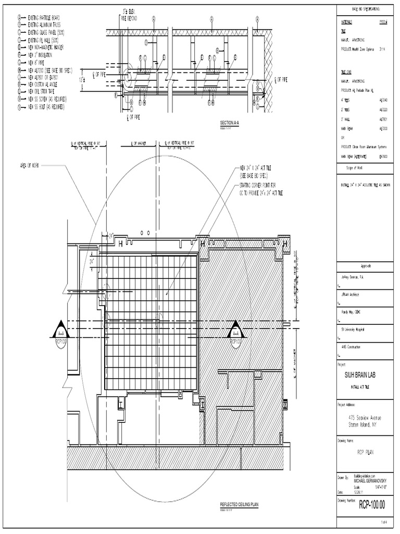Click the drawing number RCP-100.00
[371, 505]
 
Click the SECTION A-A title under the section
[230, 122]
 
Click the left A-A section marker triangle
[61, 329]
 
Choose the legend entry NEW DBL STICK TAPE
[45, 91]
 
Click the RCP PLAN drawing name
[367, 453]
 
